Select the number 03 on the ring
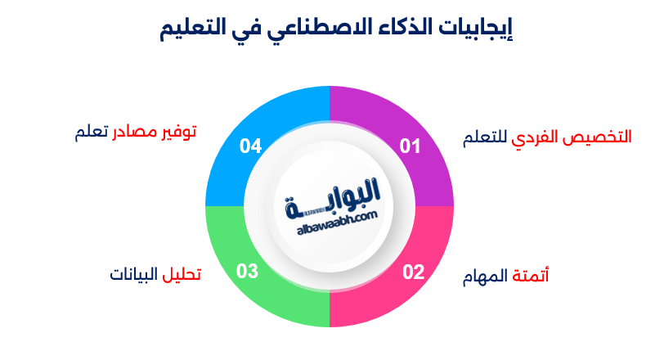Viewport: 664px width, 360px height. [x=248, y=272]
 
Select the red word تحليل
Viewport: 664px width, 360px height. [x=182, y=273]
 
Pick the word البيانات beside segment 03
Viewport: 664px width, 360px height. [x=135, y=273]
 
